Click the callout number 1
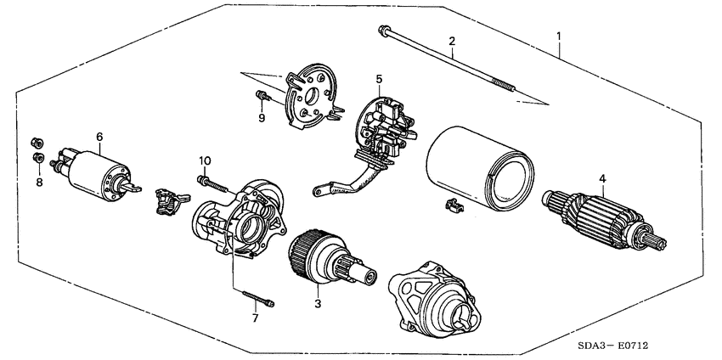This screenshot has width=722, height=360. coord(559,36)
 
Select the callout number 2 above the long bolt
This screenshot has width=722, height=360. coord(452,41)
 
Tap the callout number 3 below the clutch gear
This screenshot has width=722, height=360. coord(317,302)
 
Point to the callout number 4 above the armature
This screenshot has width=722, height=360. coord(602,178)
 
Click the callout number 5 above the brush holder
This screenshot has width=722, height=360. coord(379,79)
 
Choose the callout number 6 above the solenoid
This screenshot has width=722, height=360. coord(99,136)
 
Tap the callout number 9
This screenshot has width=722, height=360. coord(262,117)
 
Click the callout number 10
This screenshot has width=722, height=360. coord(204,160)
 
